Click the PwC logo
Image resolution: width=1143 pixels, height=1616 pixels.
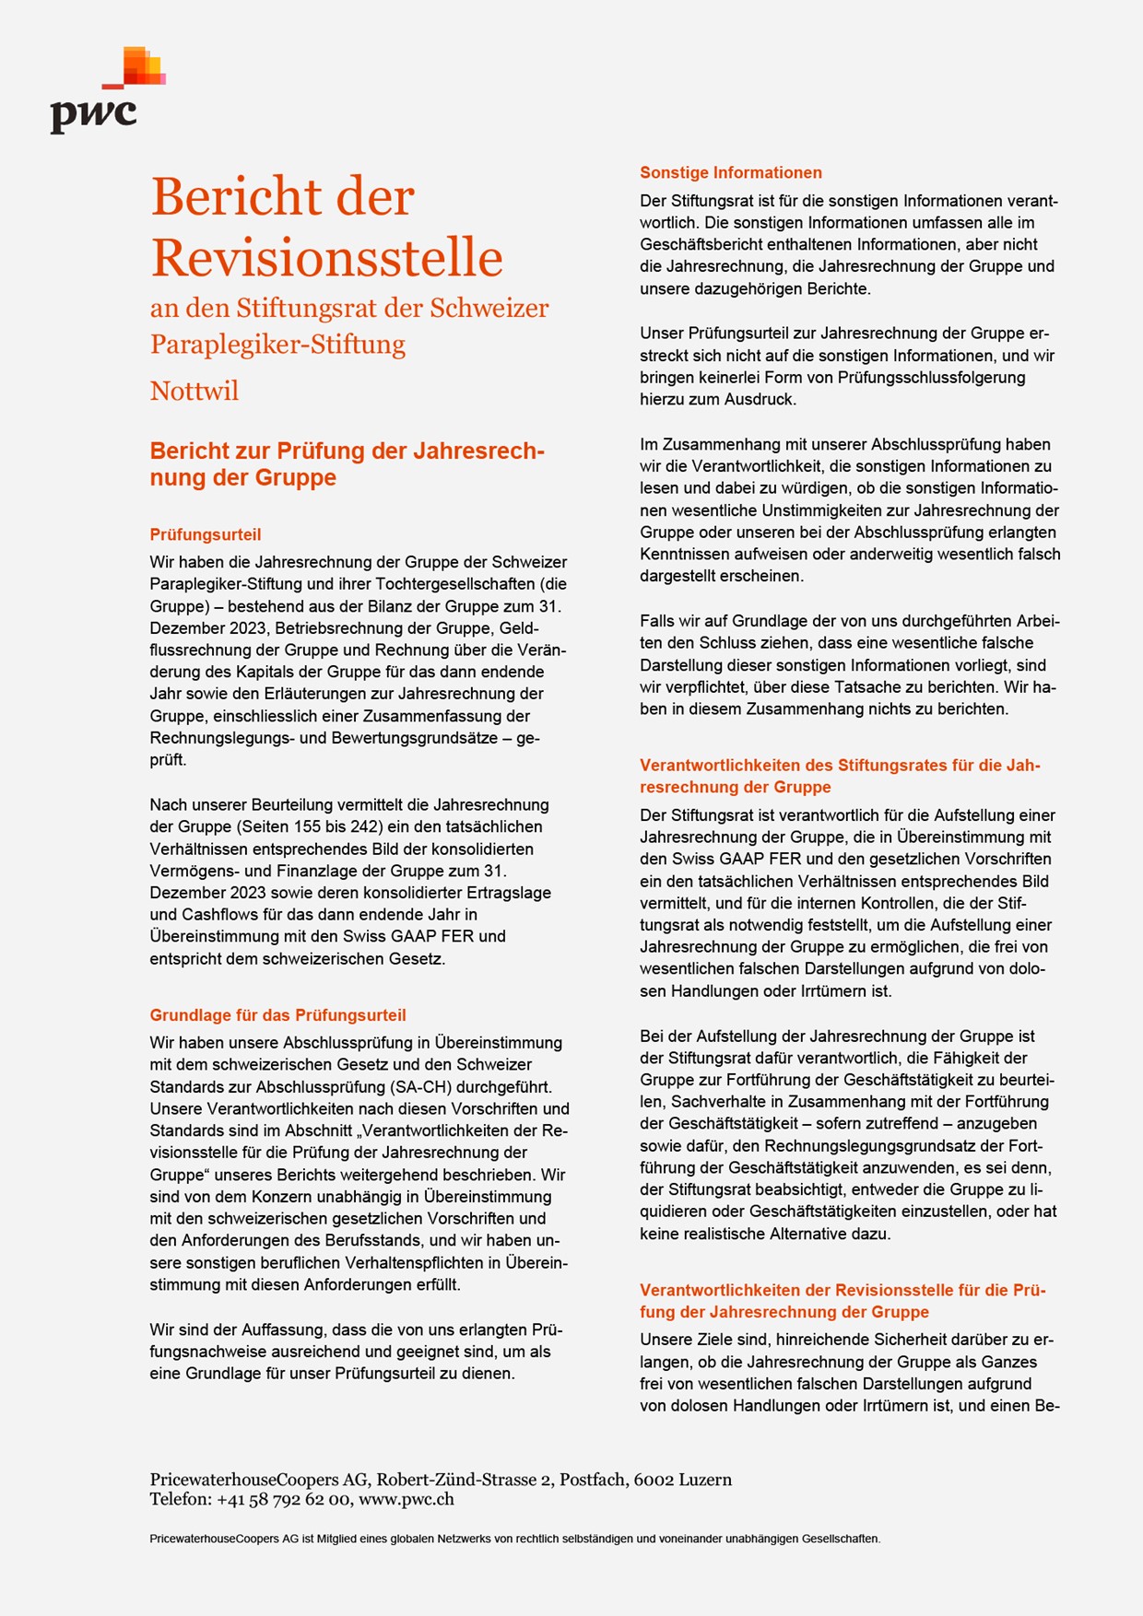tap(106, 92)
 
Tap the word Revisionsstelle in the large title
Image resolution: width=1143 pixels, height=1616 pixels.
tap(327, 257)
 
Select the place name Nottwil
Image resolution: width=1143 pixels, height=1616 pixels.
tap(194, 391)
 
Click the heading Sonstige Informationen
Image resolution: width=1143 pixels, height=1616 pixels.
tap(731, 172)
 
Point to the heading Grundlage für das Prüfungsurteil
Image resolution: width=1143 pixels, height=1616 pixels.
tap(277, 1015)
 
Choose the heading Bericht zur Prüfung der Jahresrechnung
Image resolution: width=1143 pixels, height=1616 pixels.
tap(348, 463)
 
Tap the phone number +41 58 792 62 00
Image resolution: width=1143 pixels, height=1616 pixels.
tap(283, 1499)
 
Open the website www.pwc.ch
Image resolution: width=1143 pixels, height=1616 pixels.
tap(407, 1499)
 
